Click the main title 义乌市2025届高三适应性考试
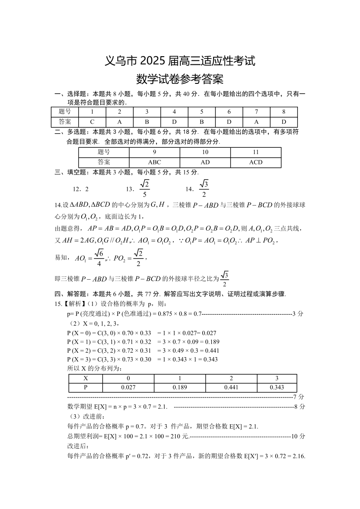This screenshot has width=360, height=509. point(180,61)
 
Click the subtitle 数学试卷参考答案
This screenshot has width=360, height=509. point(180,80)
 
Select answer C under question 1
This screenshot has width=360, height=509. point(92,122)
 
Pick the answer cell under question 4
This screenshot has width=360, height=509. point(174,122)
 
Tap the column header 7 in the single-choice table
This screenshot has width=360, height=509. point(256,112)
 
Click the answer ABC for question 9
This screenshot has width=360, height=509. point(155,162)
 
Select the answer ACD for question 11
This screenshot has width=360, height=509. point(256,162)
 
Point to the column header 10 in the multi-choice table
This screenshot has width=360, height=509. point(205,152)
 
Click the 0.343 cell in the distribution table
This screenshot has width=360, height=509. point(277,388)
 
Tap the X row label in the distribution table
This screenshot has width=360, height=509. point(86,378)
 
